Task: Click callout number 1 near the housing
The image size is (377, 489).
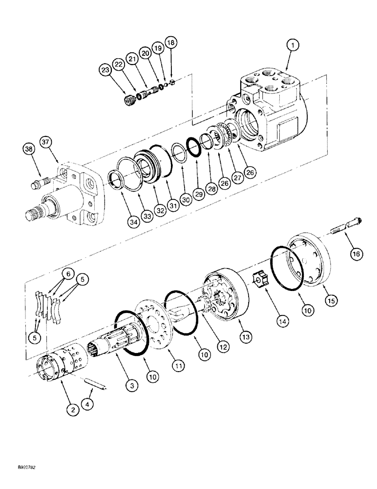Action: tap(293, 46)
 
